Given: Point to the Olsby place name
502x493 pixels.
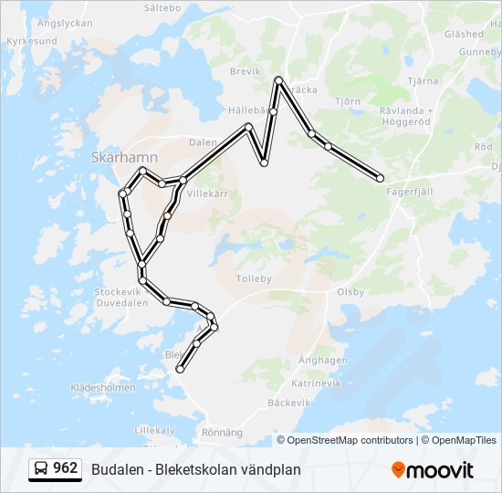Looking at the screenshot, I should (350, 292).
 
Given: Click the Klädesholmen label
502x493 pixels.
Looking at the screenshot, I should (103, 387).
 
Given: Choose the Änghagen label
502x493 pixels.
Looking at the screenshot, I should (323, 361).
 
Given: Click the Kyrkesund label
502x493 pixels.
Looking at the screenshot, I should (31, 41).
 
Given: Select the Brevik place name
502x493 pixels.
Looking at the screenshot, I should (246, 70).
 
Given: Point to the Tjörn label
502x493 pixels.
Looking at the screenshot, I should (347, 101).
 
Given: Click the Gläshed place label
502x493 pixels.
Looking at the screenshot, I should (463, 34).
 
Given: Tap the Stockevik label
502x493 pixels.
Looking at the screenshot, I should (116, 292).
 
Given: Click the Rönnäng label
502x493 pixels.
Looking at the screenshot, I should (222, 432).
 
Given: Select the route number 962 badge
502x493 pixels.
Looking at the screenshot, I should (55, 468).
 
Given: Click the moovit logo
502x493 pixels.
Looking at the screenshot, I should (433, 469).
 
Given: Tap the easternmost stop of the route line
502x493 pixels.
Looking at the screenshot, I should (380, 178).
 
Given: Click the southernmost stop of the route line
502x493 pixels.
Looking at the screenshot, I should (181, 369).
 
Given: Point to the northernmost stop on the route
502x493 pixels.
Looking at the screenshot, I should (279, 81).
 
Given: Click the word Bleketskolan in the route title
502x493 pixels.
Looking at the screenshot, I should (194, 469).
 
